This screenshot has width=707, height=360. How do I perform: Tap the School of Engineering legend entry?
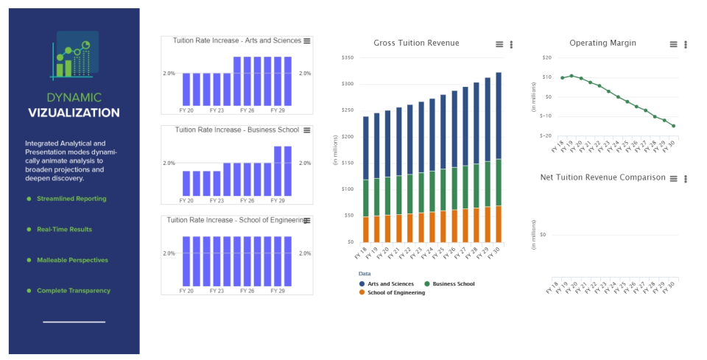point(395,292)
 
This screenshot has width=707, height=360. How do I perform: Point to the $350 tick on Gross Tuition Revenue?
point(348,57)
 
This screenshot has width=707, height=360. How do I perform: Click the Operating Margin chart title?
point(602,43)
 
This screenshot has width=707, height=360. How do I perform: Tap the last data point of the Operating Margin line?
point(673,126)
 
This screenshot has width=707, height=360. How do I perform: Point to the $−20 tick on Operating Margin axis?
point(546,135)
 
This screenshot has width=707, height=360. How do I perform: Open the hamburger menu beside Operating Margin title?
point(673,44)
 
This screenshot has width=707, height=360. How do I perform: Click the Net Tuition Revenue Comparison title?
point(602,177)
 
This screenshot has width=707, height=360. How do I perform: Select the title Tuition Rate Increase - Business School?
point(237,130)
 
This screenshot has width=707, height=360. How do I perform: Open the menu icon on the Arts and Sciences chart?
point(307,40)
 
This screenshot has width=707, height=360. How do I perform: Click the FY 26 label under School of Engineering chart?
point(246,291)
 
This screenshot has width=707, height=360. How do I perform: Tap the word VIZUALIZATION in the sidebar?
point(74,113)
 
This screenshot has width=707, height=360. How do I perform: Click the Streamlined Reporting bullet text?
point(71,199)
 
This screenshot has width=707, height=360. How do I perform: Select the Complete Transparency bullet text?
point(74,291)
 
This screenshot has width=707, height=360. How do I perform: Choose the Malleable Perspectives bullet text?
point(72,260)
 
